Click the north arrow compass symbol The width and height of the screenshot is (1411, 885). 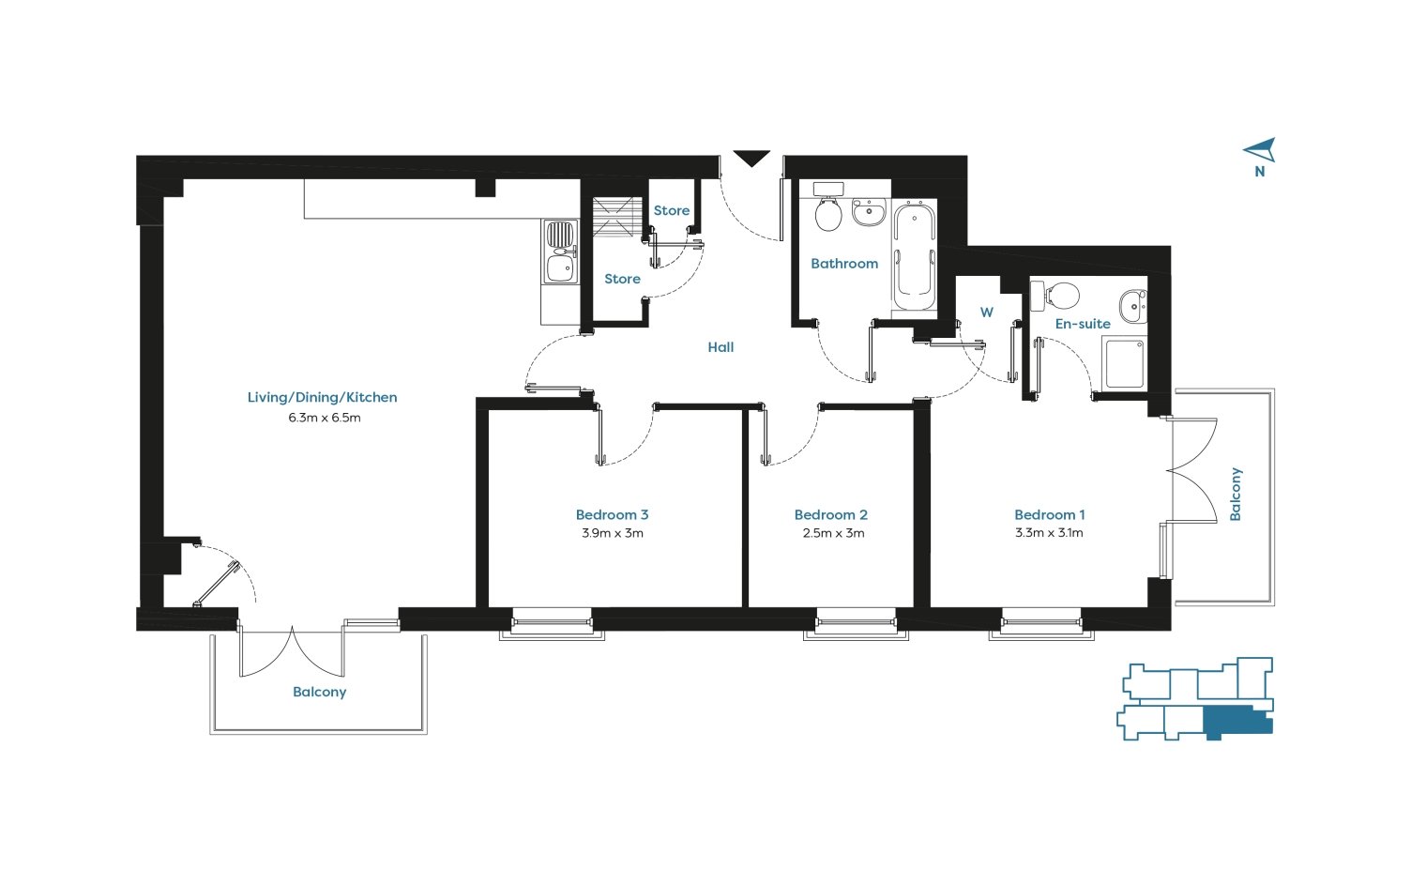coord(1260,151)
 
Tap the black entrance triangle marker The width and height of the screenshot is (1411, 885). coord(751,158)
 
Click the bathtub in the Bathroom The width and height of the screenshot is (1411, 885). coord(915,256)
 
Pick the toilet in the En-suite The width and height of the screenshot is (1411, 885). coord(1055,296)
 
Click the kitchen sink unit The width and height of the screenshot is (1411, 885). coord(560,252)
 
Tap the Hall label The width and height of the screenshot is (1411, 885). coord(721,346)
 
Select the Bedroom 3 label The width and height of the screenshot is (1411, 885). coord(612,514)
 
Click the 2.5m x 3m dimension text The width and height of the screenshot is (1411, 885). coord(833,533)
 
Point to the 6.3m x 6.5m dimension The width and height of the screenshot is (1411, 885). coord(325,418)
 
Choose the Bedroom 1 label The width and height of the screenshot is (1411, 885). coord(1050,514)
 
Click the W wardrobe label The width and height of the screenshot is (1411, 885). coord(986,312)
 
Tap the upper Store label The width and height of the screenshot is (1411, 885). coord(672,210)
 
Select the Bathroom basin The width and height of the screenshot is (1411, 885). coord(870,212)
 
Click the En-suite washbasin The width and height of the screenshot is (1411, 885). coord(1133,307)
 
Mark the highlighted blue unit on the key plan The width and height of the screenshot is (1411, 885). coord(1237,722)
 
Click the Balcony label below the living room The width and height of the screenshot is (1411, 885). coord(319,692)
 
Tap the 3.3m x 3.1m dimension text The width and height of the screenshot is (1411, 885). coord(1049,533)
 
